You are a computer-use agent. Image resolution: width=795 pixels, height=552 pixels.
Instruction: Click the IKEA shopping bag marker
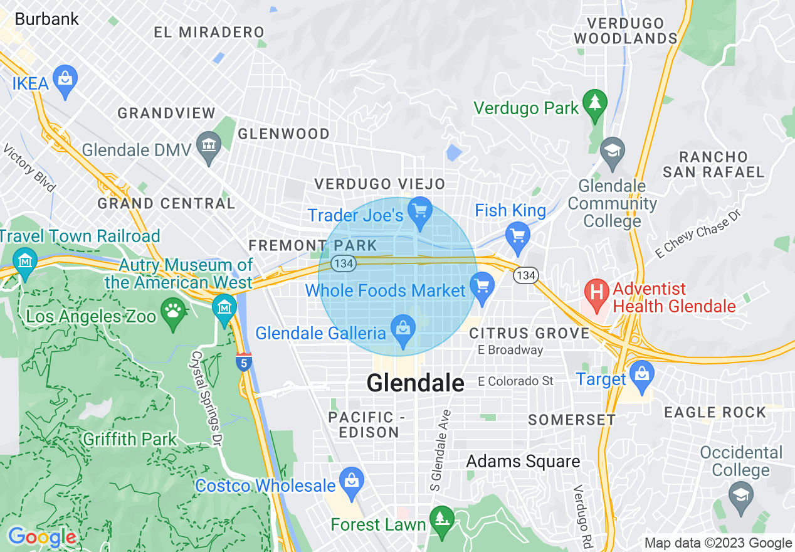tap(65, 80)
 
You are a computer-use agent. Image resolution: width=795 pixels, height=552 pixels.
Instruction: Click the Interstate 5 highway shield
tap(243, 362)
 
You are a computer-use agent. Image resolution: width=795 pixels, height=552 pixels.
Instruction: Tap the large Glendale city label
tap(415, 383)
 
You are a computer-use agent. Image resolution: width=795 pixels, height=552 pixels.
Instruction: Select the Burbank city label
tap(46, 19)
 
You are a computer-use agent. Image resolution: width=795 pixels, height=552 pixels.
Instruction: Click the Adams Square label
tap(523, 462)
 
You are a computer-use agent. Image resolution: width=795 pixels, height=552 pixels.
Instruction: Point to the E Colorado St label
tap(515, 381)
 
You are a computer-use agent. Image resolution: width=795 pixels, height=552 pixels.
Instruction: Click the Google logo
tap(42, 537)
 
